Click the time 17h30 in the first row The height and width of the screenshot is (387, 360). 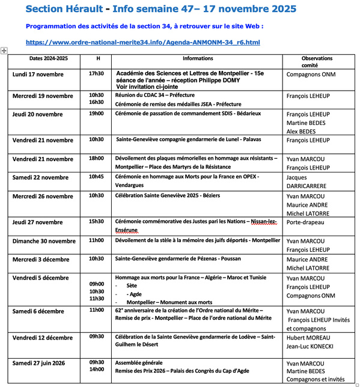pos(96,73)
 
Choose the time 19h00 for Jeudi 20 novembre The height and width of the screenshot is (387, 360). pos(96,113)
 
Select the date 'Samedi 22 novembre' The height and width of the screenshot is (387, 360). pos(41,177)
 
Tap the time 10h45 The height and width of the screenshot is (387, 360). pos(96,177)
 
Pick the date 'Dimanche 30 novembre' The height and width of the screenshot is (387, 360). pos(44,240)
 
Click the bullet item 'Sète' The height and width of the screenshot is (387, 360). pos(132,286)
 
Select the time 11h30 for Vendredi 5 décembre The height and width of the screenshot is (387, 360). pos(96,298)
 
